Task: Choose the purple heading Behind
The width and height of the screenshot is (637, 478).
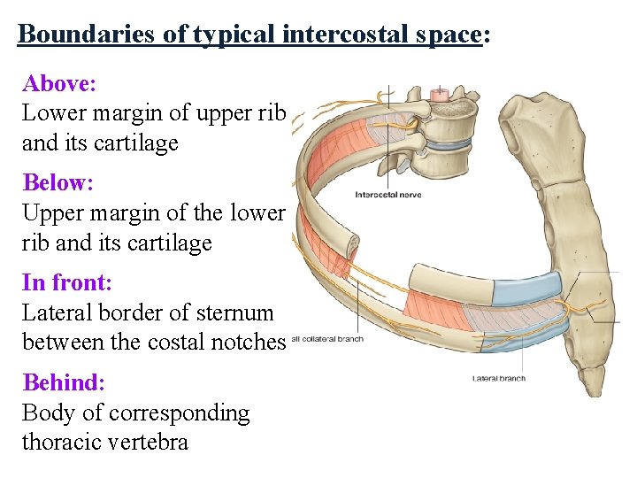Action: click(63, 382)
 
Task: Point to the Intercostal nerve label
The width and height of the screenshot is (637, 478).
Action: click(388, 195)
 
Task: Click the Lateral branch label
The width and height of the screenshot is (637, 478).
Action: click(498, 379)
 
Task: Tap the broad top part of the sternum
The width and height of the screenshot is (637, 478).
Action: click(535, 128)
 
